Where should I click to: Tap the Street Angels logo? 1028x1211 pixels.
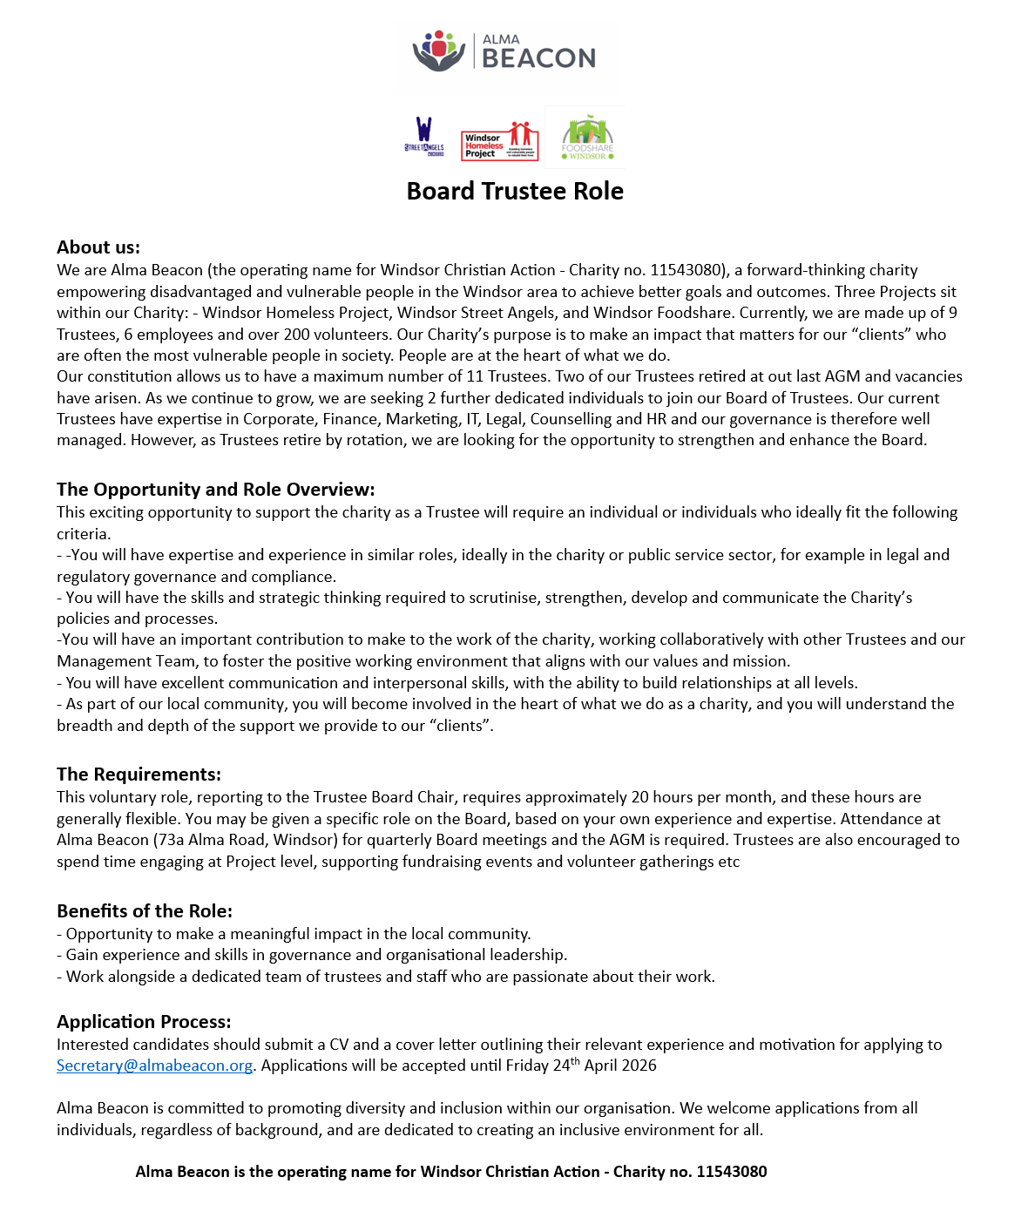click(x=424, y=138)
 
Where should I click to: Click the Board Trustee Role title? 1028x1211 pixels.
click(x=515, y=192)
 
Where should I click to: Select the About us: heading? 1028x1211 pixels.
click(x=98, y=247)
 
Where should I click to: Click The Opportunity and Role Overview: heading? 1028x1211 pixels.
click(x=215, y=490)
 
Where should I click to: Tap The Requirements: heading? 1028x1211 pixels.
click(x=139, y=775)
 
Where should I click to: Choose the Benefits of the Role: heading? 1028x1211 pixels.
click(x=145, y=911)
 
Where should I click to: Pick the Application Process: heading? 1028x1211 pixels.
click(x=144, y=1022)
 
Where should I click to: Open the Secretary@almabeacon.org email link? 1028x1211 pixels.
click(x=154, y=1066)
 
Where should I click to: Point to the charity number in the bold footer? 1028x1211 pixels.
click(x=731, y=1172)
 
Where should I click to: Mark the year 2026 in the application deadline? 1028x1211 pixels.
click(x=639, y=1066)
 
